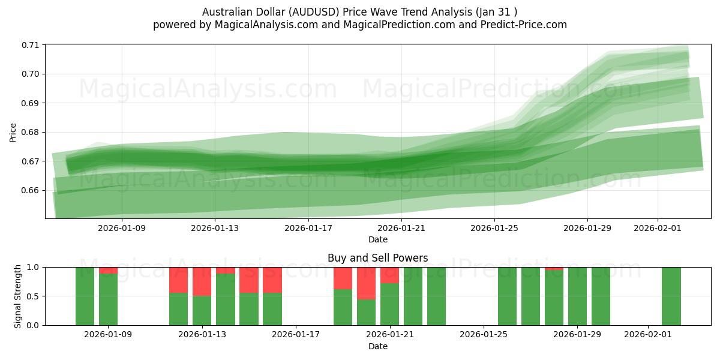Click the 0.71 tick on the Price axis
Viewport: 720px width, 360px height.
click(x=30, y=45)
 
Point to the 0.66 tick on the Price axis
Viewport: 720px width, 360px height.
click(x=30, y=191)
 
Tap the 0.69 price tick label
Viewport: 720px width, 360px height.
click(x=30, y=103)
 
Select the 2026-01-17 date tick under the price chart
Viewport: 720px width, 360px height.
click(x=308, y=228)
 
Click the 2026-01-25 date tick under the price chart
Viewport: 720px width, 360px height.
click(x=494, y=228)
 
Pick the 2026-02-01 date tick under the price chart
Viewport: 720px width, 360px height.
click(x=657, y=228)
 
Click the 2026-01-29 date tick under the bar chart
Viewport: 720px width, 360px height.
click(x=577, y=335)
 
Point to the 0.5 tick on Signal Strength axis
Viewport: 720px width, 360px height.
click(x=33, y=296)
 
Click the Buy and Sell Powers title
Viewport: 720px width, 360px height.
click(x=377, y=258)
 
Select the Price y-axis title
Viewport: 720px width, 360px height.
click(x=13, y=132)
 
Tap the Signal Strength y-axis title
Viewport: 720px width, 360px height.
click(x=18, y=296)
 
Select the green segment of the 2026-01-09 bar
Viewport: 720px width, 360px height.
click(x=109, y=299)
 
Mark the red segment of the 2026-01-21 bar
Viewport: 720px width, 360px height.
click(x=390, y=275)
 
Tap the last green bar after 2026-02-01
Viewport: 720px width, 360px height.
click(x=671, y=296)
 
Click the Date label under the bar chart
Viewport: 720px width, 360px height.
click(x=377, y=346)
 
